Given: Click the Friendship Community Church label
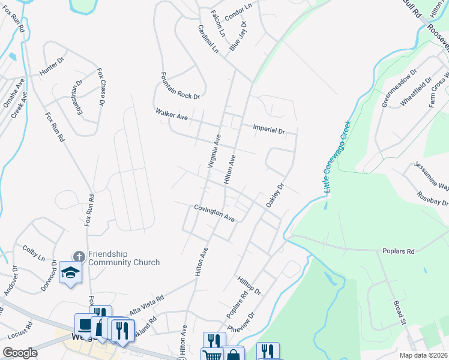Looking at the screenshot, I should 124,258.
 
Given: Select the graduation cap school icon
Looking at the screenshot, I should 70,273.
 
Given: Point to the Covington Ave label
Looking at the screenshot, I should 214,213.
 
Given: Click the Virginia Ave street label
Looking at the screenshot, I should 214,151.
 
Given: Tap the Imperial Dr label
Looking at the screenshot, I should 268,128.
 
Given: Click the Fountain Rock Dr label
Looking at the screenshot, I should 179,86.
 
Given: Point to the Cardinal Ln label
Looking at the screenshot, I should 208,39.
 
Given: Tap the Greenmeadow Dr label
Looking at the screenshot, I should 399,88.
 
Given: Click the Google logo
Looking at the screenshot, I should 20,353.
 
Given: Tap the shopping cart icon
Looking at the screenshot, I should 211,355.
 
